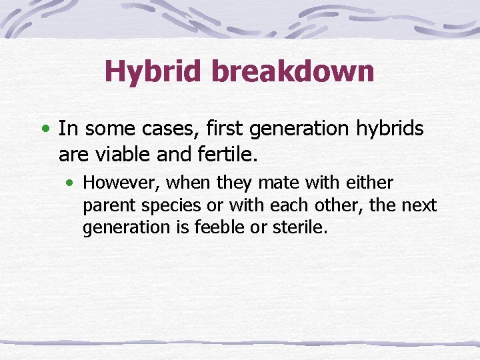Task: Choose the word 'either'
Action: tap(369, 183)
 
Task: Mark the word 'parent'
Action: tap(104, 206)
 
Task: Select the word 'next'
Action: tap(419, 205)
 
